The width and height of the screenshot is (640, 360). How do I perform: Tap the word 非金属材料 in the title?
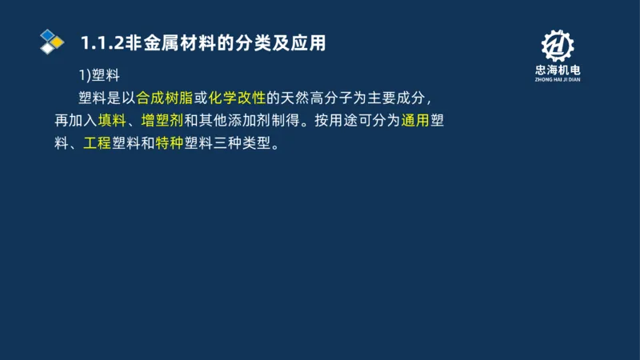[166, 43]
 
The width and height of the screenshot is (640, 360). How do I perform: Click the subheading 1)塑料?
[98, 75]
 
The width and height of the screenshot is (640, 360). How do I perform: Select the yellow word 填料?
[112, 122]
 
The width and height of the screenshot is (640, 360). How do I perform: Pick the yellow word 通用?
[415, 122]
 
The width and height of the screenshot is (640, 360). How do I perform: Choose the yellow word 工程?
[98, 146]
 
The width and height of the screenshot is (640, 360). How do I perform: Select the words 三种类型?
[242, 146]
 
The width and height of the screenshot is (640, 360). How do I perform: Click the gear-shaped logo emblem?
[558, 46]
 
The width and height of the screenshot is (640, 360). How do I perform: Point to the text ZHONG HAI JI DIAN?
[558, 80]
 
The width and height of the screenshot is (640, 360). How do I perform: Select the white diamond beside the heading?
[48, 48]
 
